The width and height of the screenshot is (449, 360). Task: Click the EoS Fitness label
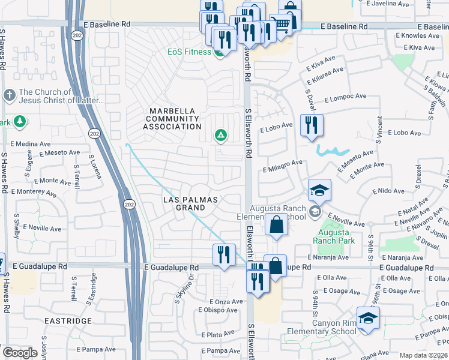(x=188, y=52)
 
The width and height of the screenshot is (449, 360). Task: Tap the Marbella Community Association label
(x=175, y=119)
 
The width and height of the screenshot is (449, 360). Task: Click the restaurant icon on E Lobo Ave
(x=311, y=125)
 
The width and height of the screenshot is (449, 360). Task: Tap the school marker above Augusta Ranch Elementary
(x=320, y=190)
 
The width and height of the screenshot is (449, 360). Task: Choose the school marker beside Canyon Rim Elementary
(x=368, y=318)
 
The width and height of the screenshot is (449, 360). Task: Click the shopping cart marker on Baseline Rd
(x=280, y=25)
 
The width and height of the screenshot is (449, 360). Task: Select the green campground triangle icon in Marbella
(x=221, y=136)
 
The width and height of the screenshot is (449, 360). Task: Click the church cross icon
(x=9, y=95)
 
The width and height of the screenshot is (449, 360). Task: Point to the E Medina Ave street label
(x=31, y=144)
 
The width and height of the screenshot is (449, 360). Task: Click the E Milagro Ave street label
(x=282, y=163)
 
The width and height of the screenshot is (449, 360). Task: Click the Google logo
(x=20, y=353)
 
